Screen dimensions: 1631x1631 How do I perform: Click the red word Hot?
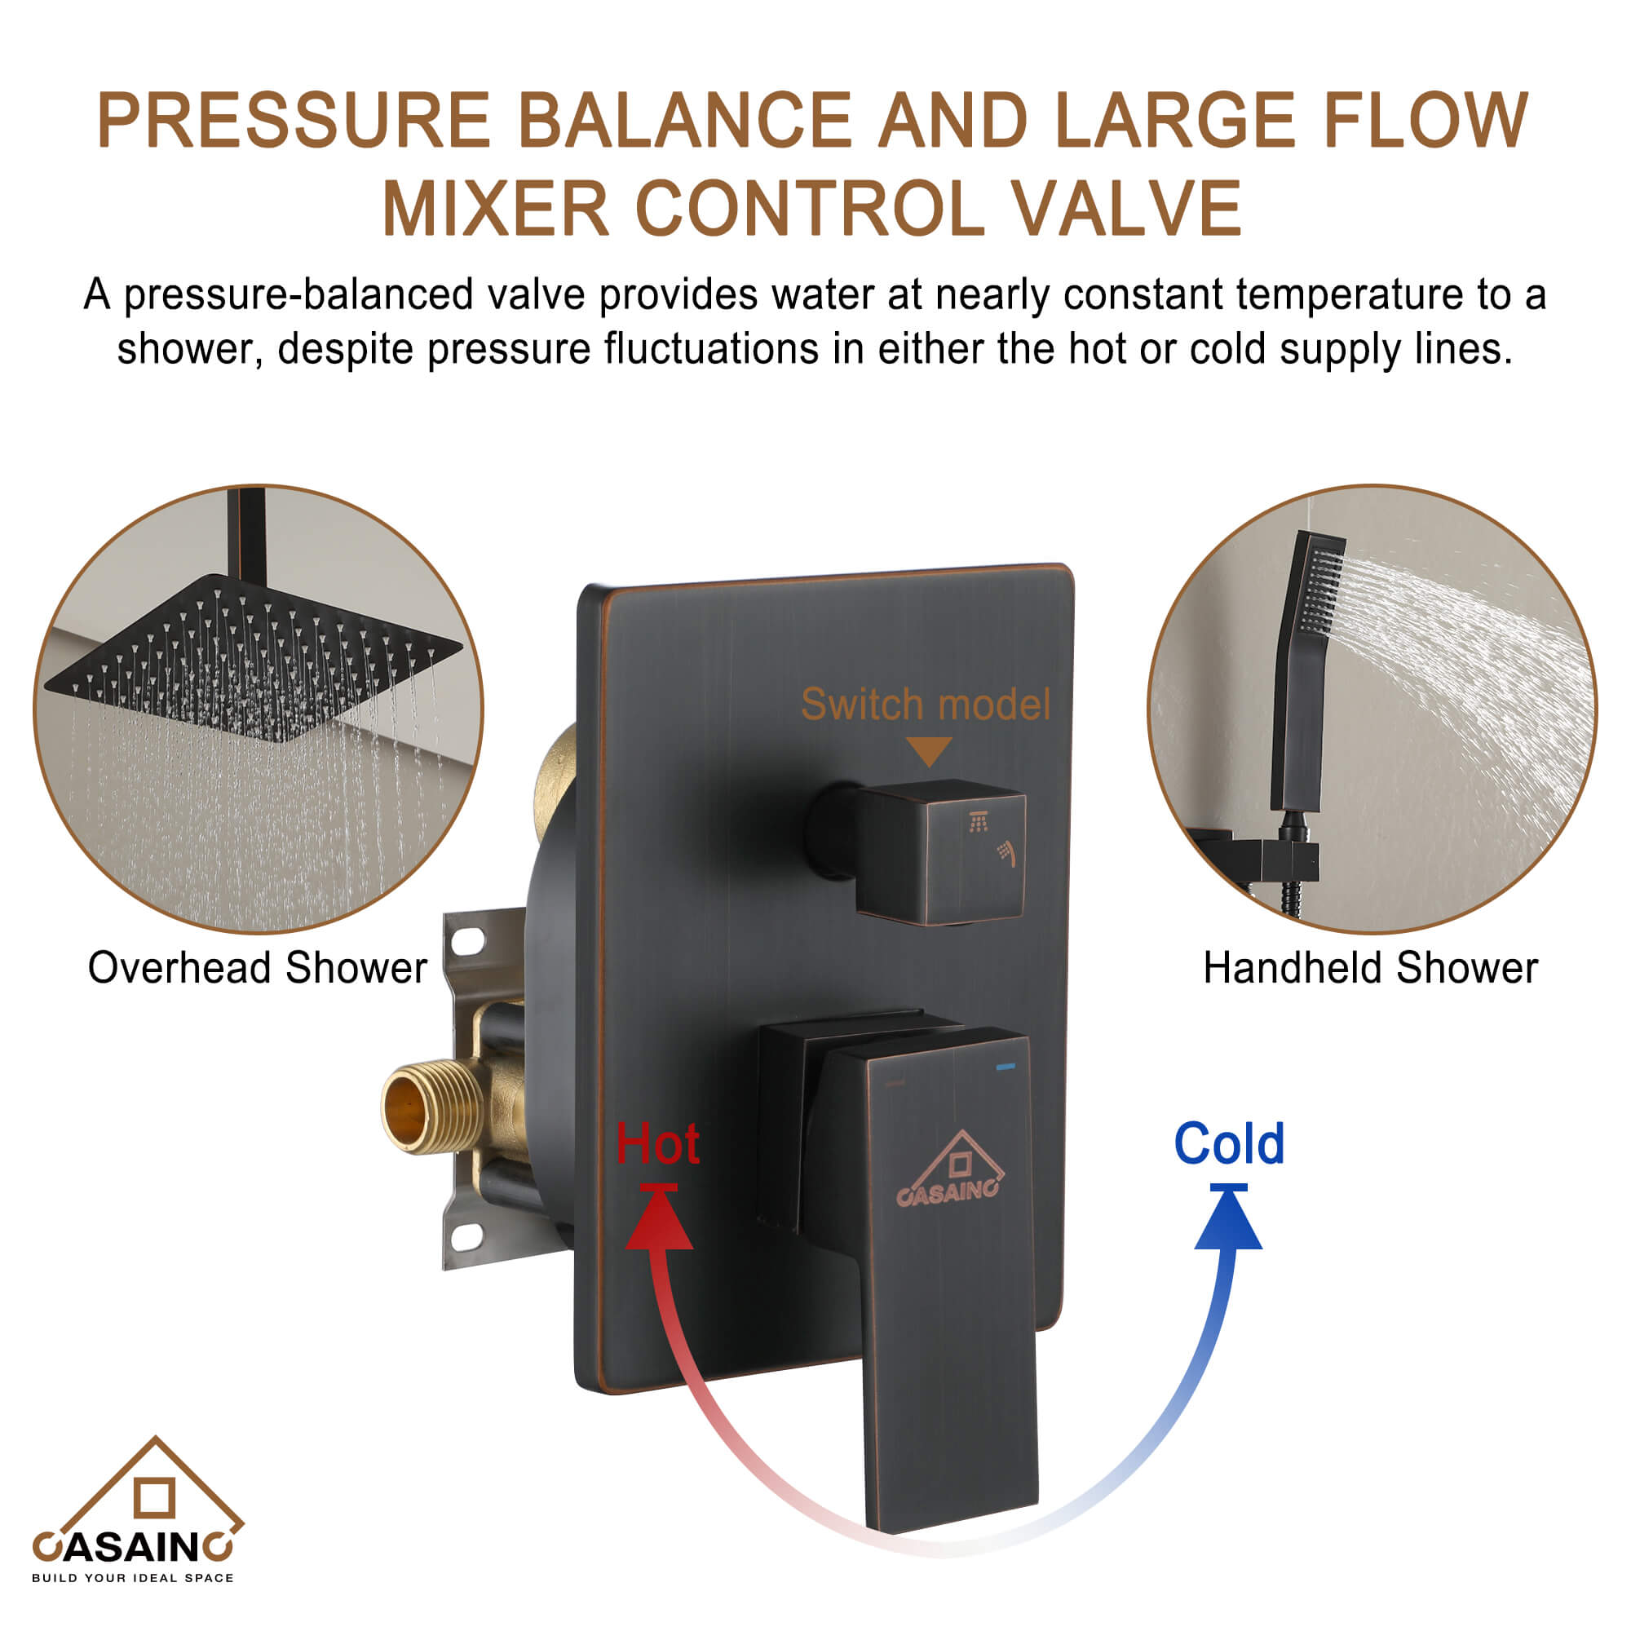tap(657, 1145)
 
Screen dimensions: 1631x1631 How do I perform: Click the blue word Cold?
tap(1228, 1144)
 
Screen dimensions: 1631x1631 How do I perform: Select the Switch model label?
tap(926, 704)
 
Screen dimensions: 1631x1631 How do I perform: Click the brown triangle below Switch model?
tap(929, 750)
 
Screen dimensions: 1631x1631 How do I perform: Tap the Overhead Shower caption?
tap(258, 967)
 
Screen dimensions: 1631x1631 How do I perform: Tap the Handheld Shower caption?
tap(1370, 967)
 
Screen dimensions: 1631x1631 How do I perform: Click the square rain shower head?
tap(254, 658)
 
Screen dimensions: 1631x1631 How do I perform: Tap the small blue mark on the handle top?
tap(1006, 1067)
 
